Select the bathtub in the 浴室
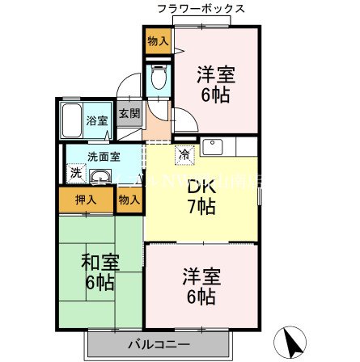(70, 121)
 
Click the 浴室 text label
(98, 120)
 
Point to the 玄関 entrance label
(129, 115)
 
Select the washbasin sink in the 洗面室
(100, 179)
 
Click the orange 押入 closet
(86, 200)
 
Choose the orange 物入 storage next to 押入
(128, 200)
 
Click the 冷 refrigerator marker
(184, 154)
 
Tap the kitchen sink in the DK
(214, 148)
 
